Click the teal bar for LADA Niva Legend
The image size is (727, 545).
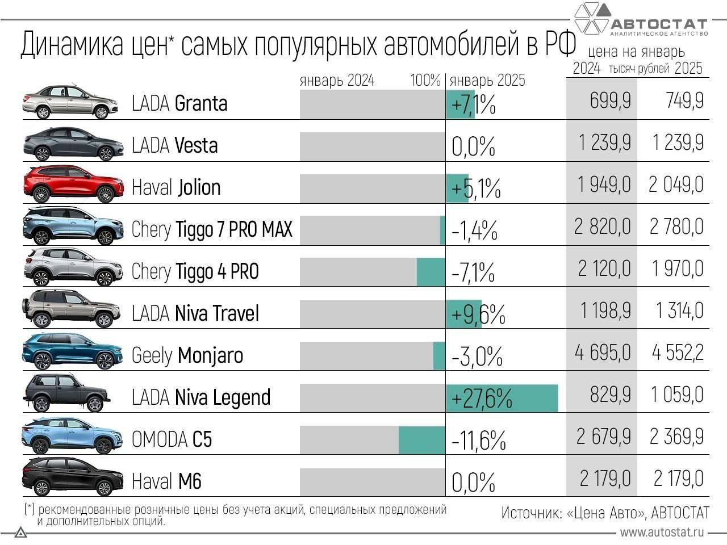pyautogui.click(x=502, y=398)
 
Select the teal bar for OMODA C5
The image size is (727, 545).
pyautogui.click(x=422, y=440)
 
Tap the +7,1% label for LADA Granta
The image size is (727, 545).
pyautogui.click(x=473, y=104)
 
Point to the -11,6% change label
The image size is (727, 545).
pyautogui.click(x=478, y=440)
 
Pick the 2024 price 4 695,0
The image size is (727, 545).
pyautogui.click(x=603, y=353)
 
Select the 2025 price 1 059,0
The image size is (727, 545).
pyautogui.click(x=677, y=395)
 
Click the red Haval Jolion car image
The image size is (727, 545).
pyautogui.click(x=73, y=185)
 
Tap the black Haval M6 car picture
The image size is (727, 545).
pyautogui.click(x=73, y=478)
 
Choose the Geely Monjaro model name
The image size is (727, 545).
pyautogui.click(x=187, y=356)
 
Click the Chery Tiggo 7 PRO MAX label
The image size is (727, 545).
pyautogui.click(x=212, y=229)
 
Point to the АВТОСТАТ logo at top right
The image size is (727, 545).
pyautogui.click(x=641, y=20)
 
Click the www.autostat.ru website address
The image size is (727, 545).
pyautogui.click(x=662, y=533)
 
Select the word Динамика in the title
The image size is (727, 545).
pyautogui.click(x=72, y=45)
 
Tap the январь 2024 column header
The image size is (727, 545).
pyautogui.click(x=337, y=81)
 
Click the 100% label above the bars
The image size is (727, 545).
pyautogui.click(x=425, y=81)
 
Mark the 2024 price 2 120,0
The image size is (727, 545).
pyautogui.click(x=604, y=269)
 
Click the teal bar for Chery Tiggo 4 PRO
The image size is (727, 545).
pyautogui.click(x=431, y=272)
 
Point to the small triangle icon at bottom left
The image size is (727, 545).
pyautogui.click(x=21, y=533)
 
